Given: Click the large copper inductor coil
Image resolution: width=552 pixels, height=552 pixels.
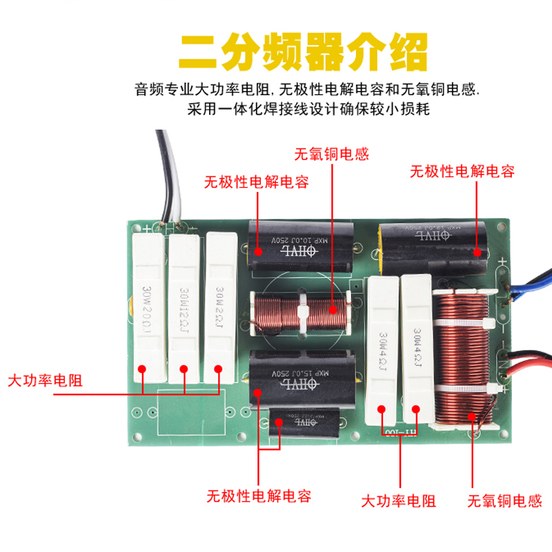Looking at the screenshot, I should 461,359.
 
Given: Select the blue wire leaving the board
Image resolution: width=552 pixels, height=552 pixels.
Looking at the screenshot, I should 531,283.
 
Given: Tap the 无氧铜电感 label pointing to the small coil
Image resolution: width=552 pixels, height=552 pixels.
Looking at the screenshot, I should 331,153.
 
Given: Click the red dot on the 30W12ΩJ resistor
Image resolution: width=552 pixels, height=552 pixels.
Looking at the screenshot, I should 184,369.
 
